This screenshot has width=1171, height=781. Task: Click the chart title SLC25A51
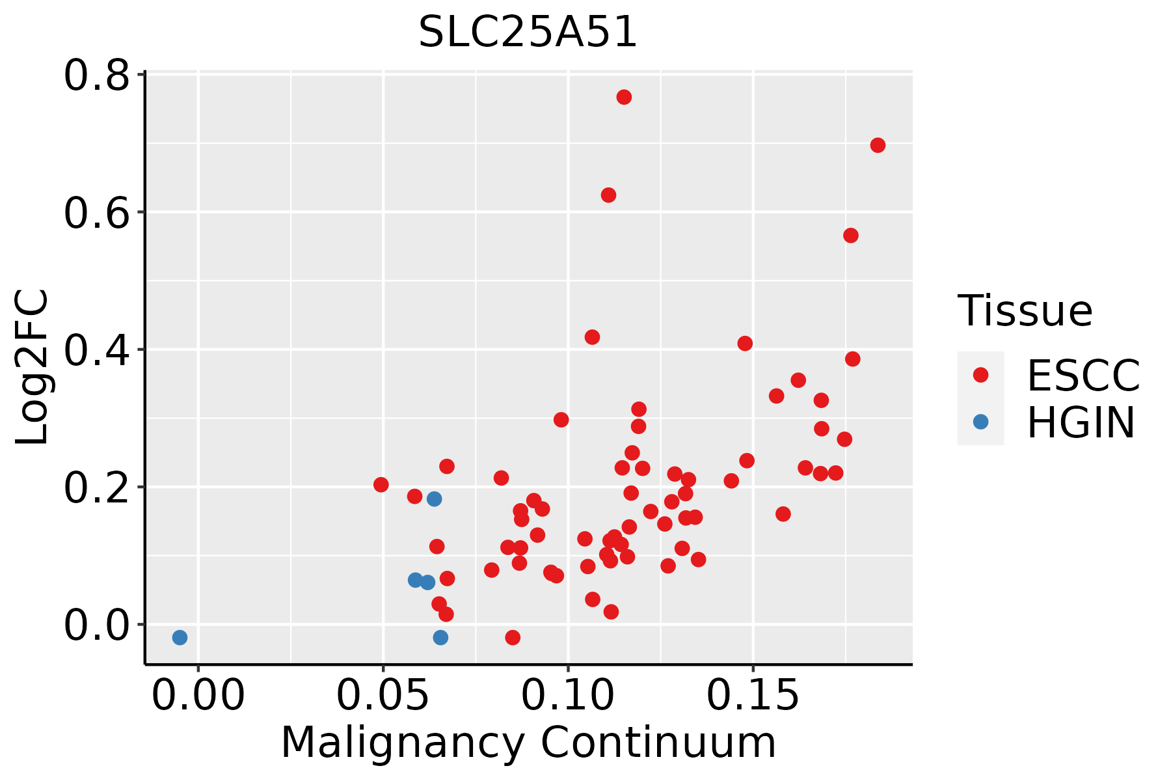pyautogui.click(x=528, y=32)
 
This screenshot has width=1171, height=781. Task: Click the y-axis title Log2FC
pyautogui.click(x=32, y=368)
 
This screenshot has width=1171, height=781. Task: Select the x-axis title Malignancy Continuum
pyautogui.click(x=528, y=743)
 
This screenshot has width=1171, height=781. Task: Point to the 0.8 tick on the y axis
pyautogui.click(x=96, y=75)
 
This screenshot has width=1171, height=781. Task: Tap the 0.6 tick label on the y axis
pyautogui.click(x=96, y=213)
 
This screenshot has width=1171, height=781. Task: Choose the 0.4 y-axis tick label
pyautogui.click(x=96, y=350)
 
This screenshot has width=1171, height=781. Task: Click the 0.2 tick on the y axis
pyautogui.click(x=96, y=487)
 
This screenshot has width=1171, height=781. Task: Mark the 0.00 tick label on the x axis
pyautogui.click(x=198, y=696)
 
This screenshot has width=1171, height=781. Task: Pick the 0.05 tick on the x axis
pyautogui.click(x=383, y=696)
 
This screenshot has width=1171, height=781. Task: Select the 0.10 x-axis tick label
pyautogui.click(x=568, y=696)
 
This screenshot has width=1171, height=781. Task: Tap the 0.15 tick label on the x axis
pyautogui.click(x=753, y=696)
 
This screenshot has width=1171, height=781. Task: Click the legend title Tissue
pyautogui.click(x=1025, y=311)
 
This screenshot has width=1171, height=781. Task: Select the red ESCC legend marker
pyautogui.click(x=980, y=375)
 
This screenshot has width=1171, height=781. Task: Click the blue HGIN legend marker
pyautogui.click(x=980, y=422)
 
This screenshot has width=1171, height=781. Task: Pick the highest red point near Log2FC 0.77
pyautogui.click(x=624, y=97)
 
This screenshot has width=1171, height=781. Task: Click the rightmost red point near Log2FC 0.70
pyautogui.click(x=878, y=145)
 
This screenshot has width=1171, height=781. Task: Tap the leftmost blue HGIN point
pyautogui.click(x=180, y=637)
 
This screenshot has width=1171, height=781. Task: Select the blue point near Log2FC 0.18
pyautogui.click(x=434, y=499)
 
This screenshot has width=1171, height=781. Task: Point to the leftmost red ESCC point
pyautogui.click(x=381, y=485)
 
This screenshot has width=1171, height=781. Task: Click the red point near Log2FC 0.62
pyautogui.click(x=608, y=195)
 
